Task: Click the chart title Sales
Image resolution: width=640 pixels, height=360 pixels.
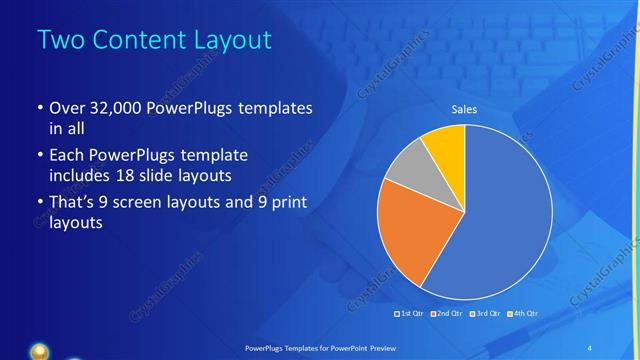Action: (x=464, y=109)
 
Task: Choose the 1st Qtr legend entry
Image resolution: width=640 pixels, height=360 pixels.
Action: (x=410, y=314)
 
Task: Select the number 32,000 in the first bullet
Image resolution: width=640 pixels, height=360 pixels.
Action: (x=107, y=108)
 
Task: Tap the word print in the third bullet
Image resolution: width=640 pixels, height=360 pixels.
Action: (x=286, y=203)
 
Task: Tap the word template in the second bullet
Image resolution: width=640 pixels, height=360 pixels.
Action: (x=213, y=156)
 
